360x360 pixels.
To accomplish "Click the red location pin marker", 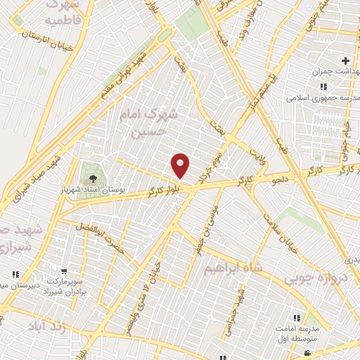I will (x=181, y=165).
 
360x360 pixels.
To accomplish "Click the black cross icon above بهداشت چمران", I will (x=345, y=61).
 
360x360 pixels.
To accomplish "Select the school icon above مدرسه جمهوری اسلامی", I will (x=322, y=86).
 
